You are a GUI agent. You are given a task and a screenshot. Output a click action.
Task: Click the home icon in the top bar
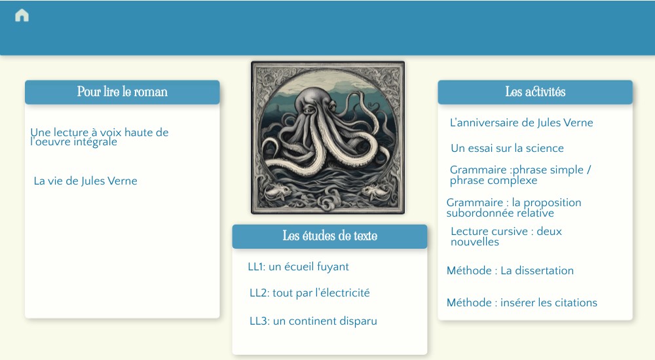pyautogui.click(x=22, y=16)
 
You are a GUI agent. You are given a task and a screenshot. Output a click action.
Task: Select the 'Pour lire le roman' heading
pyautogui.click(x=122, y=92)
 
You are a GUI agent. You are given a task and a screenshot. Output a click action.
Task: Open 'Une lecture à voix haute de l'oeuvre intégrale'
pyautogui.click(x=99, y=137)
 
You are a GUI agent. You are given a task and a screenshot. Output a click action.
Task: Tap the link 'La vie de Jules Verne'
pyautogui.click(x=85, y=181)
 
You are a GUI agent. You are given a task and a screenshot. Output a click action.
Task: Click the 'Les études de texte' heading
pyautogui.click(x=329, y=236)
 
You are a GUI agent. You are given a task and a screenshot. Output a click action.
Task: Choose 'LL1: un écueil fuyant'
pyautogui.click(x=298, y=266)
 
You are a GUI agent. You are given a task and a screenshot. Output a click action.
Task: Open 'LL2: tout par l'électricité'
pyautogui.click(x=309, y=293)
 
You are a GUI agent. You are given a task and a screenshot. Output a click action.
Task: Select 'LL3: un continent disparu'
pyautogui.click(x=313, y=321)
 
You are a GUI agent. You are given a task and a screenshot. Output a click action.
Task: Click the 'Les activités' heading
pyautogui.click(x=535, y=92)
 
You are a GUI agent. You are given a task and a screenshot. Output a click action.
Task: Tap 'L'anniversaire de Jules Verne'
pyautogui.click(x=521, y=122)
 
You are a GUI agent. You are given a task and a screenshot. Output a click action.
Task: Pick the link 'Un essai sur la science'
pyautogui.click(x=507, y=148)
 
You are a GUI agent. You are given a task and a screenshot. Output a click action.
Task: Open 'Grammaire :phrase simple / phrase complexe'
pyautogui.click(x=520, y=175)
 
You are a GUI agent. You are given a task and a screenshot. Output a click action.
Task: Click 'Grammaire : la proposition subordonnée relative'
pyautogui.click(x=514, y=207)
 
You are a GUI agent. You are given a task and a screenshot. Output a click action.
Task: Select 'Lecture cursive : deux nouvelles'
pyautogui.click(x=506, y=236)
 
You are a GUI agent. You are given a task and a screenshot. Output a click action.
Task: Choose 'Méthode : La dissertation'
pyautogui.click(x=510, y=270)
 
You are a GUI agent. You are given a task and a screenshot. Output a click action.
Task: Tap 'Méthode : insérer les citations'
pyautogui.click(x=521, y=302)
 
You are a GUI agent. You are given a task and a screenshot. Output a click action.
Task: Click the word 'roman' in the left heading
pyautogui.click(x=151, y=92)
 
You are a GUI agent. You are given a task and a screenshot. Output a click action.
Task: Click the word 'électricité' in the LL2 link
pyautogui.click(x=343, y=293)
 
